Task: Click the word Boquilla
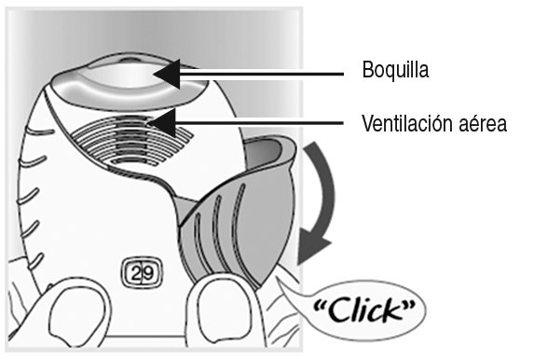(x=395, y=70)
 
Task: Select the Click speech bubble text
(x=364, y=310)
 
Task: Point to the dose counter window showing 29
(x=142, y=273)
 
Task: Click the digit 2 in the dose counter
(x=136, y=273)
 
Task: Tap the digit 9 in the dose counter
(x=148, y=273)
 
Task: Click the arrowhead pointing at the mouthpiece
(x=167, y=74)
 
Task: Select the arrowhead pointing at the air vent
(x=162, y=123)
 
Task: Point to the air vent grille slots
(x=132, y=141)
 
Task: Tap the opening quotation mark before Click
(x=321, y=304)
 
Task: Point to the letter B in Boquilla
(x=367, y=70)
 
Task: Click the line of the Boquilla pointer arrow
(x=262, y=74)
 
